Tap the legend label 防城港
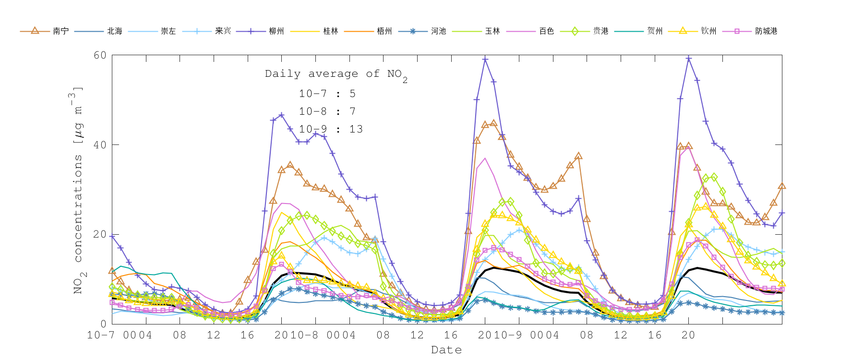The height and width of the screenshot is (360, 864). coord(766,31)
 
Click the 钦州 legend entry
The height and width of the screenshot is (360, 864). coord(708,31)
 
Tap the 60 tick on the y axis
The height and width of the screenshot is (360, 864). coord(100,55)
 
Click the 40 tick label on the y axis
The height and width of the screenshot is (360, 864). coord(100,145)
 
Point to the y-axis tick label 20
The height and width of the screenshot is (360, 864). coord(100,234)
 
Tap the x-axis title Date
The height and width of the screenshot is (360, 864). coord(446,350)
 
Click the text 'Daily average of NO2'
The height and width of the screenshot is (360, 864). coord(336,74)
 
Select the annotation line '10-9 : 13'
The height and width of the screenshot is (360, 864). coord(331,129)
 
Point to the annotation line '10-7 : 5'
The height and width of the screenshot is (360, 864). coord(327,94)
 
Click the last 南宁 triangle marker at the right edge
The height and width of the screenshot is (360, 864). coord(782,186)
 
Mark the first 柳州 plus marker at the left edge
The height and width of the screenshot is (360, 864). coord(112,236)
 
